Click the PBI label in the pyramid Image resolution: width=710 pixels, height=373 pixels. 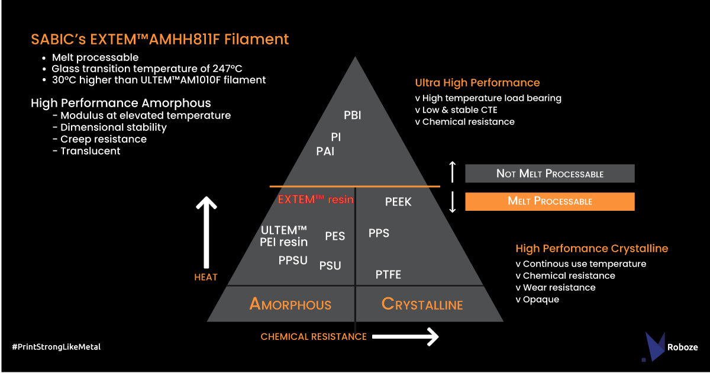[353, 115]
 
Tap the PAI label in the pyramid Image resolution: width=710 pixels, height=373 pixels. [325, 152]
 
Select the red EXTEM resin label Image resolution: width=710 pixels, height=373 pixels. [316, 200]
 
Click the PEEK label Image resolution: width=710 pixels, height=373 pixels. [398, 202]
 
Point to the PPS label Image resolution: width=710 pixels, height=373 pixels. [379, 233]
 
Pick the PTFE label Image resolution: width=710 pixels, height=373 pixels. [388, 274]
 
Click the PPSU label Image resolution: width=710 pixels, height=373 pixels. [293, 261]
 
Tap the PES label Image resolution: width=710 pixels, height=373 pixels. [335, 236]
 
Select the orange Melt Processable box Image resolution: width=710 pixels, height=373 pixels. [550, 201]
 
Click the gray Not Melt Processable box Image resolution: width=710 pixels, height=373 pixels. [550, 173]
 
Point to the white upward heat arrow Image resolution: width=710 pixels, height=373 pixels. [206, 232]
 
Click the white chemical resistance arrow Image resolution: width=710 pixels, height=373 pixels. [405, 336]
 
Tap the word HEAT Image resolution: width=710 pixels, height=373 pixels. [206, 278]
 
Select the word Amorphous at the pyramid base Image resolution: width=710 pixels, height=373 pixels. [291, 304]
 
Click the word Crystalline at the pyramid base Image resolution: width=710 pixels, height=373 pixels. [422, 304]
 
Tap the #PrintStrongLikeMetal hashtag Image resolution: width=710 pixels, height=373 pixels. [56, 347]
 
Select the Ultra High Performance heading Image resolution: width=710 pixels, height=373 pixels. [477, 83]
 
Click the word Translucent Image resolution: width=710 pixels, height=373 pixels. [91, 151]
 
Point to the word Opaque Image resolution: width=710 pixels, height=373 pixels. [541, 300]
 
